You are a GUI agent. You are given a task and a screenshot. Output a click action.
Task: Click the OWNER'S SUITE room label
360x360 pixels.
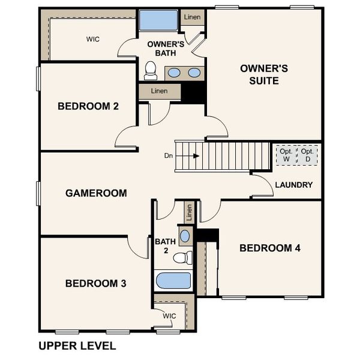(263, 74)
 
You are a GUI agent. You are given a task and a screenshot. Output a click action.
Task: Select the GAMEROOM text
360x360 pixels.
(96, 193)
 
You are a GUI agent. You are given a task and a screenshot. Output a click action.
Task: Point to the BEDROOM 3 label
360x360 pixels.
(95, 283)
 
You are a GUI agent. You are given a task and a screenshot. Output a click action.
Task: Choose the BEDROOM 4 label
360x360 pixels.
(269, 248)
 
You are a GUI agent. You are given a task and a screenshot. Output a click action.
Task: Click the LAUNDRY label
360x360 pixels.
(293, 185)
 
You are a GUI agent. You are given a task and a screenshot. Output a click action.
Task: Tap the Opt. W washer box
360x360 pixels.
(286, 155)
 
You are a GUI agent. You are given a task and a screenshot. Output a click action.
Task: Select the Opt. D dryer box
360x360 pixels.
(308, 155)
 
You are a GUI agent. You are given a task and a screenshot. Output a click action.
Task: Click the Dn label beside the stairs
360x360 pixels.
(169, 156)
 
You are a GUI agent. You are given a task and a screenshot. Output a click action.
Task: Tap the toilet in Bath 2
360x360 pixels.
(182, 258)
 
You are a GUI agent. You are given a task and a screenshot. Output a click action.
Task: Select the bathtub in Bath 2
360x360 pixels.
(173, 281)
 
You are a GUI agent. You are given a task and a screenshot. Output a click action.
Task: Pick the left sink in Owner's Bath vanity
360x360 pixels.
(173, 73)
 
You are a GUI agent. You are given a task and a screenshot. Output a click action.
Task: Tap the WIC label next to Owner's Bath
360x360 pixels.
(93, 39)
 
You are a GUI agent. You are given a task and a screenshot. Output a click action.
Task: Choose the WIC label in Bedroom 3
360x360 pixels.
(169, 316)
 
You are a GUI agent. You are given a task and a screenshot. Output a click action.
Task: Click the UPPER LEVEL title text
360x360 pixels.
(77, 346)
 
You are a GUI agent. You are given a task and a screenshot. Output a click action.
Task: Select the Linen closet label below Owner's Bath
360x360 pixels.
(159, 91)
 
